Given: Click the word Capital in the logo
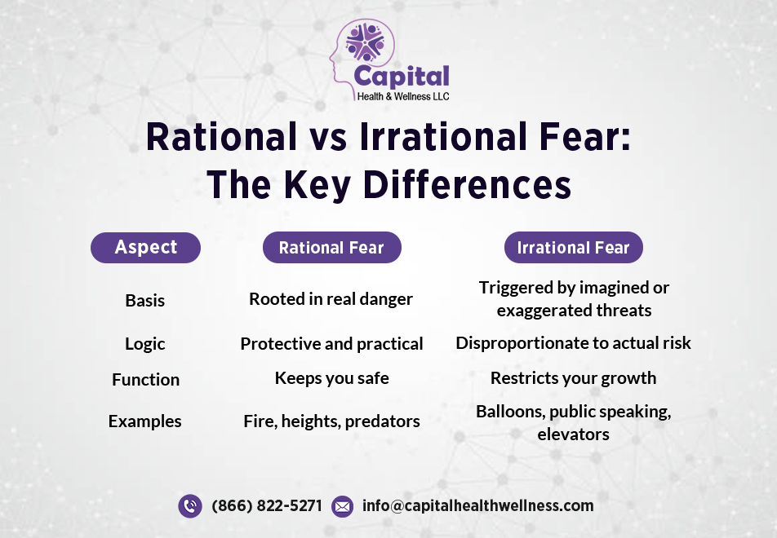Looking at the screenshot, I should click(x=401, y=77).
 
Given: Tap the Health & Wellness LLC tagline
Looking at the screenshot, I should click(x=403, y=96).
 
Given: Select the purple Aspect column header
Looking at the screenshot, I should click(x=145, y=248).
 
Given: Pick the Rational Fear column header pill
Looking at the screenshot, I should click(x=331, y=248).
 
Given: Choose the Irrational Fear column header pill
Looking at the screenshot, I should click(x=573, y=248).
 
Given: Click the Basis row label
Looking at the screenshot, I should click(x=145, y=301).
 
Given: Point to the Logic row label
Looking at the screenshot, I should click(x=145, y=344).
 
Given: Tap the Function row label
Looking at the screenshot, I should click(x=145, y=380).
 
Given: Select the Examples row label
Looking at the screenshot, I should click(x=145, y=421).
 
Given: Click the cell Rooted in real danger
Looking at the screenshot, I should click(x=331, y=299).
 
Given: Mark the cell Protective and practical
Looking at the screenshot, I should click(x=331, y=344).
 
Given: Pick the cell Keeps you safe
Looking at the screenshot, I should click(x=331, y=378).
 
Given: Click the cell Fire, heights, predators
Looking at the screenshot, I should click(x=331, y=421).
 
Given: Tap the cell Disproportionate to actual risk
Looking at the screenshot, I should click(x=573, y=343).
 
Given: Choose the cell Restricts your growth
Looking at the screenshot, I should click(x=573, y=378).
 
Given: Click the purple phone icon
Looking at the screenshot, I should click(x=190, y=506).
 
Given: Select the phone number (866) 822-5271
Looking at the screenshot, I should click(x=267, y=506).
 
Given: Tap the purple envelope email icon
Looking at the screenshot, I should click(x=343, y=506).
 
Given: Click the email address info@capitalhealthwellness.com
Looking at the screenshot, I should click(x=478, y=506).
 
